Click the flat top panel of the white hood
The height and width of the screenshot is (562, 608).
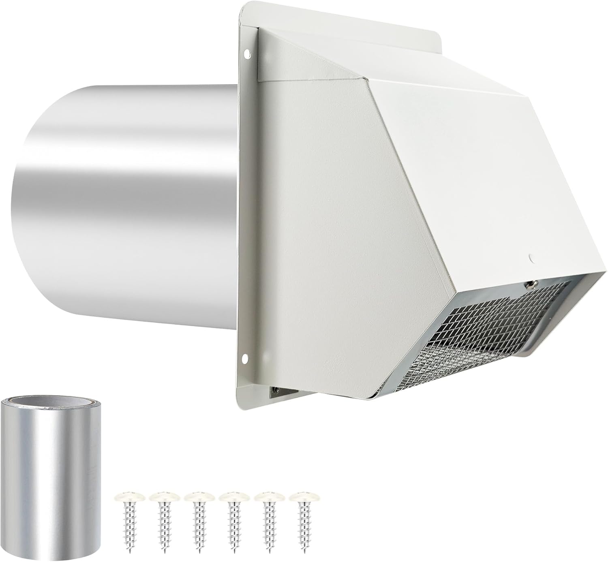pos(405,73)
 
